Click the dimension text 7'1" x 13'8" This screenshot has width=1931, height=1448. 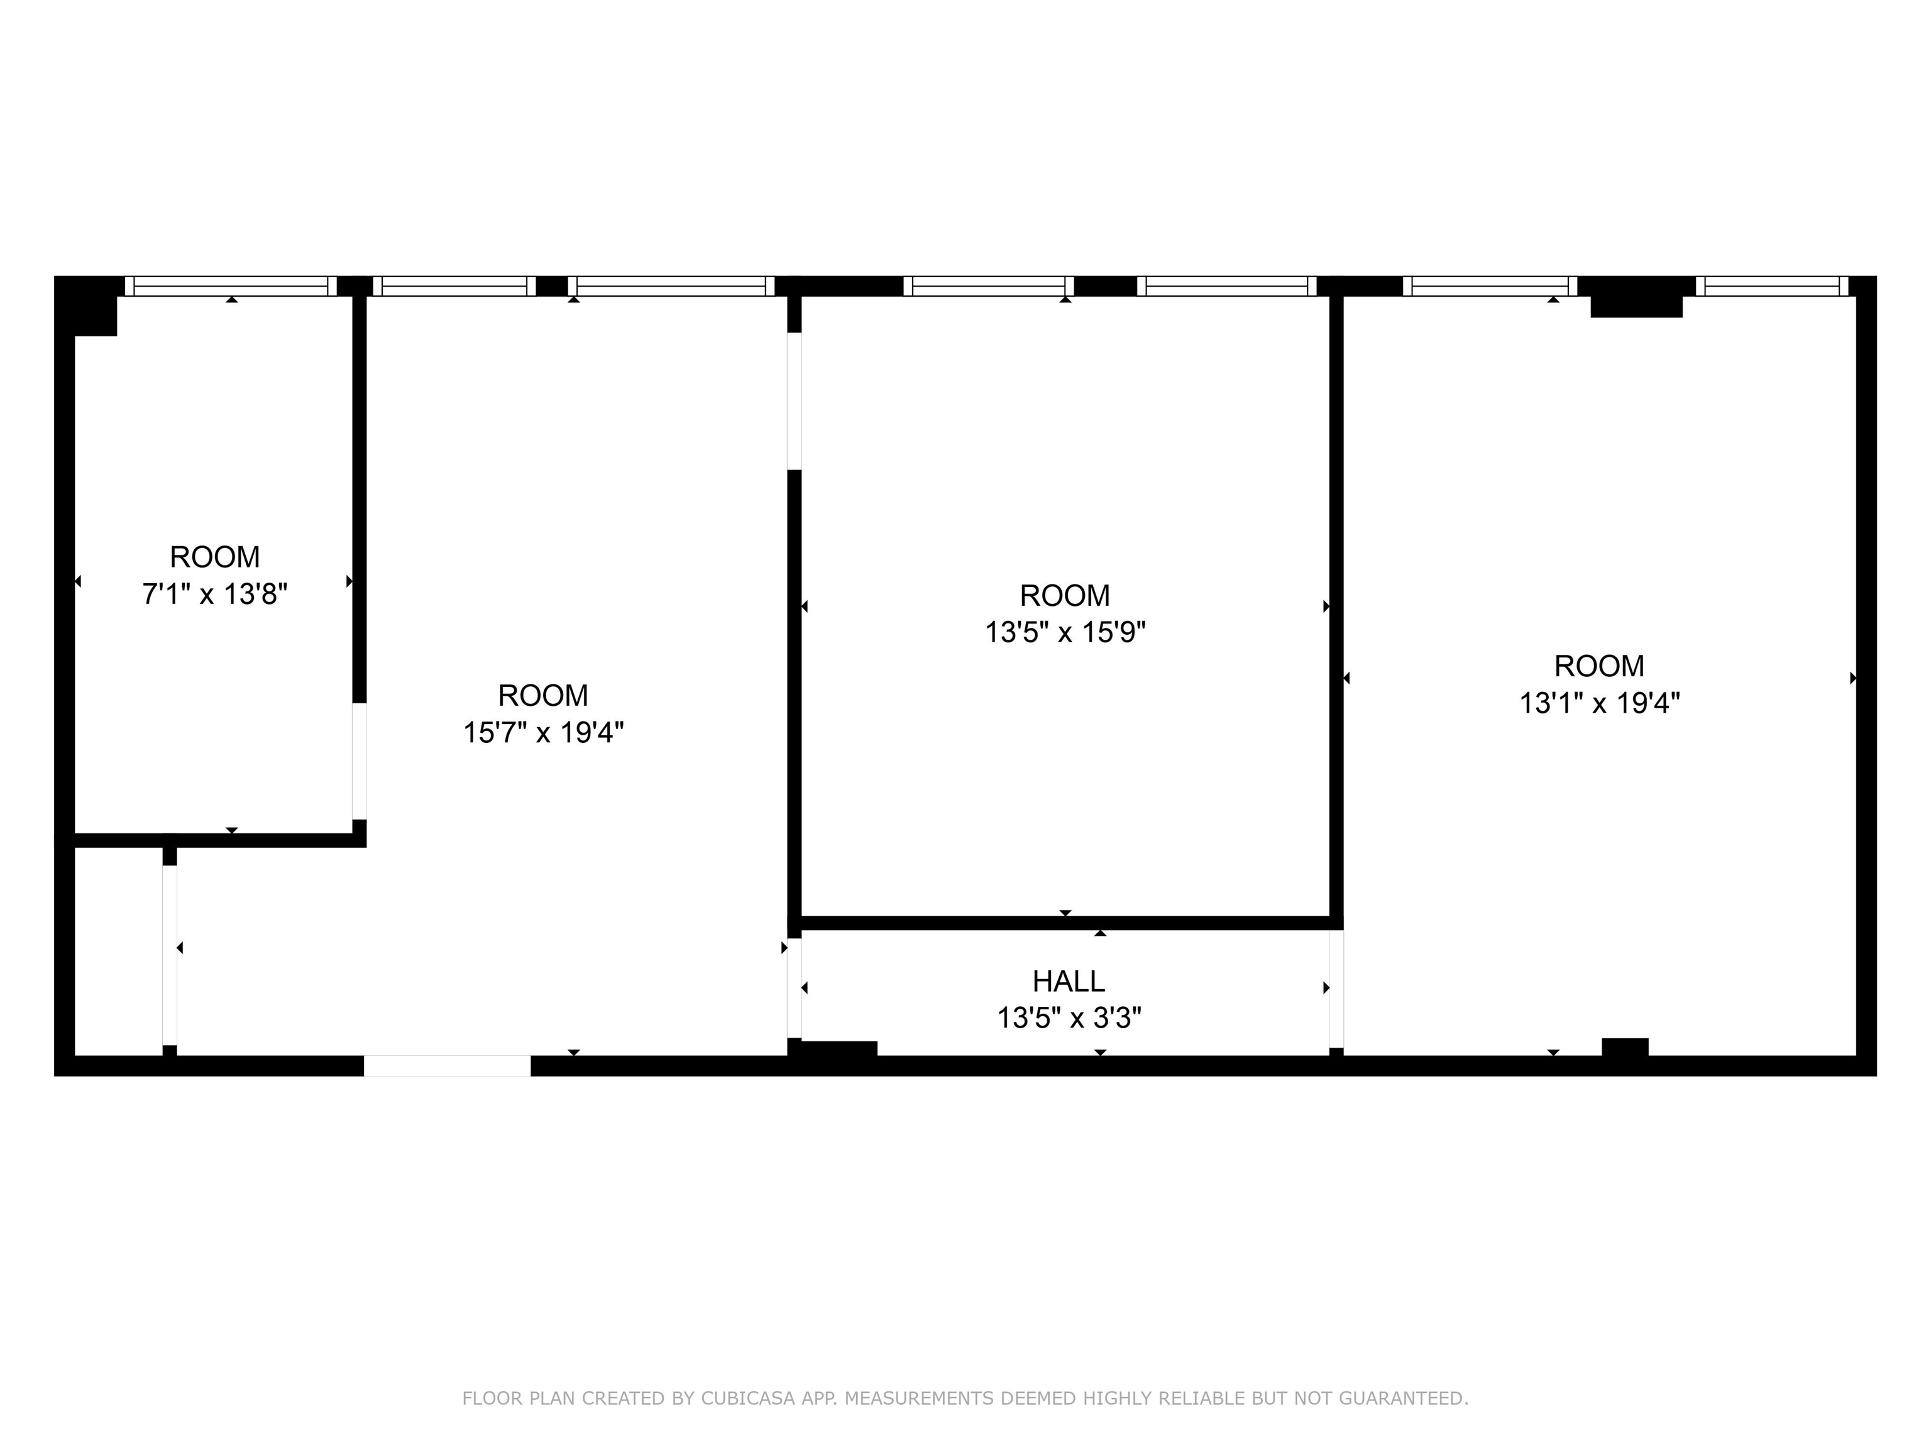click(215, 595)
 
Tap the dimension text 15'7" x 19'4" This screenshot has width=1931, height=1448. click(543, 732)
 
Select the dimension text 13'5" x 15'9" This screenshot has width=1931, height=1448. click(1065, 632)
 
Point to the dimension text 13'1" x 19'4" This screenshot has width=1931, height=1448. click(1599, 703)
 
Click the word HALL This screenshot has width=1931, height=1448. click(1069, 982)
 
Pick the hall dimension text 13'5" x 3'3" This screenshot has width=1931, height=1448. click(1069, 1017)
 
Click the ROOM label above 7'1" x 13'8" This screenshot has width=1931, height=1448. click(215, 557)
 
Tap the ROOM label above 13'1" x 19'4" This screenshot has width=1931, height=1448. click(1599, 666)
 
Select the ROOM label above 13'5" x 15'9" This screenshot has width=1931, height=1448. click(1065, 595)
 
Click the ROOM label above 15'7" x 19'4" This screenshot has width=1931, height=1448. click(543, 696)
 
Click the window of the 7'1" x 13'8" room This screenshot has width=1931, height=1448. click(231, 287)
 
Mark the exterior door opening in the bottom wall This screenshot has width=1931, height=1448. click(447, 1066)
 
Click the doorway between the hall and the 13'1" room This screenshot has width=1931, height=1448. click(1336, 988)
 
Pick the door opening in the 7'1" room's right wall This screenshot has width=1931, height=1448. click(359, 760)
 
